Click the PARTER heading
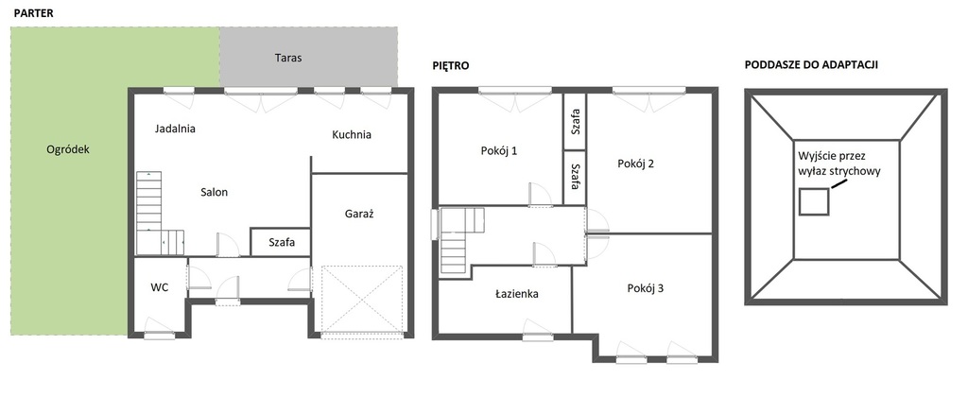coord(33,13)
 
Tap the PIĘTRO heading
coord(451,65)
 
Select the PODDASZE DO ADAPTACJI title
coord(811,65)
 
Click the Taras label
coord(288,58)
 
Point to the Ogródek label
coord(68,150)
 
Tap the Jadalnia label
coord(175,129)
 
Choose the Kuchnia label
coord(352,134)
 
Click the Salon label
coord(215,193)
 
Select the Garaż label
coord(360,215)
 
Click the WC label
coord(159,287)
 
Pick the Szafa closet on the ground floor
coord(280,242)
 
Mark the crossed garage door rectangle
coord(362,299)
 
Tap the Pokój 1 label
coord(499,150)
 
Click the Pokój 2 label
coord(636,164)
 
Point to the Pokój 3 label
coord(645,288)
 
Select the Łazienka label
coord(517,294)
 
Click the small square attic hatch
coord(814,202)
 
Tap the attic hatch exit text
coord(839,163)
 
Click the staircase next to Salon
coord(160,213)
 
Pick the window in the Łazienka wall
coord(537,337)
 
